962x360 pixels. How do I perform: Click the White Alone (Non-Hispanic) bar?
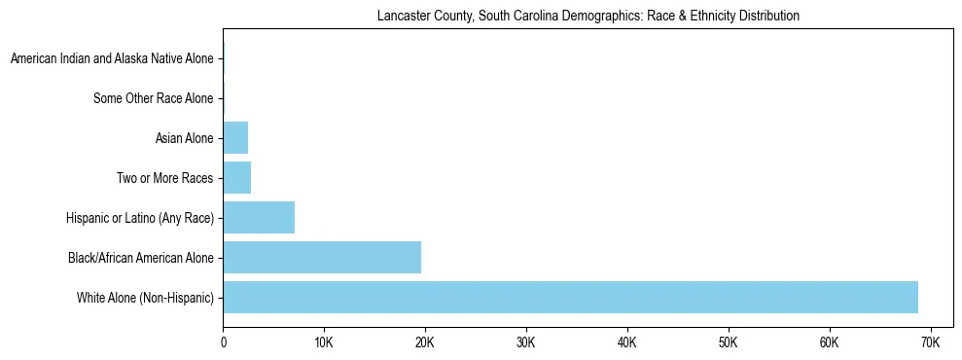click(570, 298)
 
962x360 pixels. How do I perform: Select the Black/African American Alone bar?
click(322, 258)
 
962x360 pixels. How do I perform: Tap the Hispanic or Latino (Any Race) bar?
click(259, 218)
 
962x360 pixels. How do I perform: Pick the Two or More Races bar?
click(237, 178)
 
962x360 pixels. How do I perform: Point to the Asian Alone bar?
click(235, 138)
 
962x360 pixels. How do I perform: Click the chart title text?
click(588, 17)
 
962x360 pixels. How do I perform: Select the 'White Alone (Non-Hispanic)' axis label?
click(145, 298)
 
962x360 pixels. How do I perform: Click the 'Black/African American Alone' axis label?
click(141, 258)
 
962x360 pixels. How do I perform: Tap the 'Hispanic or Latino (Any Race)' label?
click(139, 218)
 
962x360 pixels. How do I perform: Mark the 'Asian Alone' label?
click(184, 138)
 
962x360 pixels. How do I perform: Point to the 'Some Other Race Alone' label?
click(153, 98)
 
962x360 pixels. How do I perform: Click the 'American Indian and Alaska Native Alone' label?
click(112, 59)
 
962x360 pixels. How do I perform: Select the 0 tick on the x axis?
click(223, 342)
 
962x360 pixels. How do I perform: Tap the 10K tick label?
click(324, 342)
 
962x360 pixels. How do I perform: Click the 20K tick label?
click(425, 342)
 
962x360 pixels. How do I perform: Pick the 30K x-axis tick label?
click(526, 342)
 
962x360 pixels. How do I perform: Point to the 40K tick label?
click(627, 342)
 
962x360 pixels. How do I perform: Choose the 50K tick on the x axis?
click(729, 342)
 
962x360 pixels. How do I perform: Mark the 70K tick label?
click(930, 342)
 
